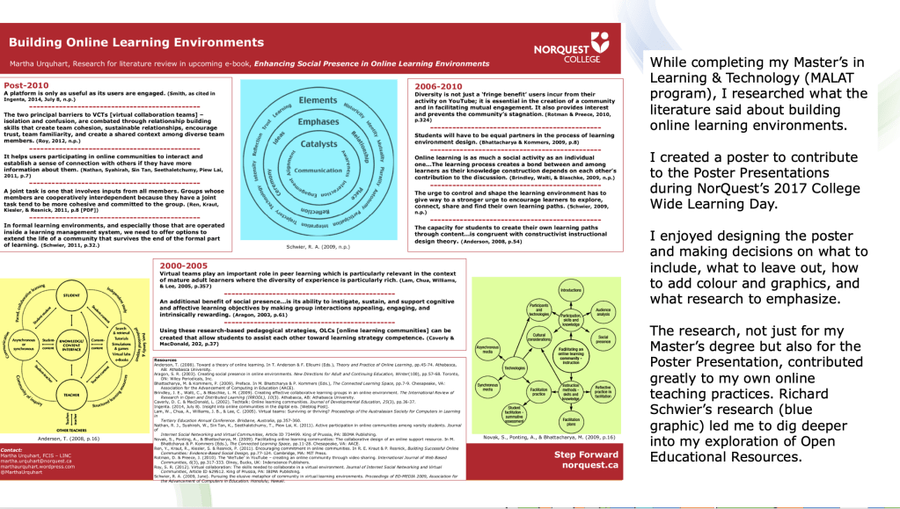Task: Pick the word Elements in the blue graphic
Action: coord(318,102)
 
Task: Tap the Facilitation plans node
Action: coord(571,422)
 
